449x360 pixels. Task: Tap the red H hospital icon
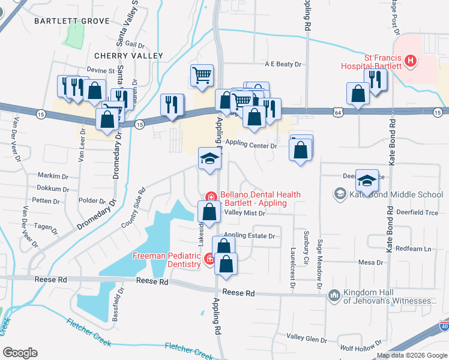[410, 61]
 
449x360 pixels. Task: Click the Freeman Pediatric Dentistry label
[166, 260]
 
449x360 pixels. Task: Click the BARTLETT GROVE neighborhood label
[72, 21]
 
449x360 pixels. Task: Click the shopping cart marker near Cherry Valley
[202, 76]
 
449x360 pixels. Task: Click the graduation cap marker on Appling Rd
[209, 159]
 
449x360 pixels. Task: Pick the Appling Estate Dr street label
[249, 236]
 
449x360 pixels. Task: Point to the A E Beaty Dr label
[282, 64]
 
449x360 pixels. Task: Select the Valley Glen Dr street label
[307, 339]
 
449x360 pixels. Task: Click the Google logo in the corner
[20, 353]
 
